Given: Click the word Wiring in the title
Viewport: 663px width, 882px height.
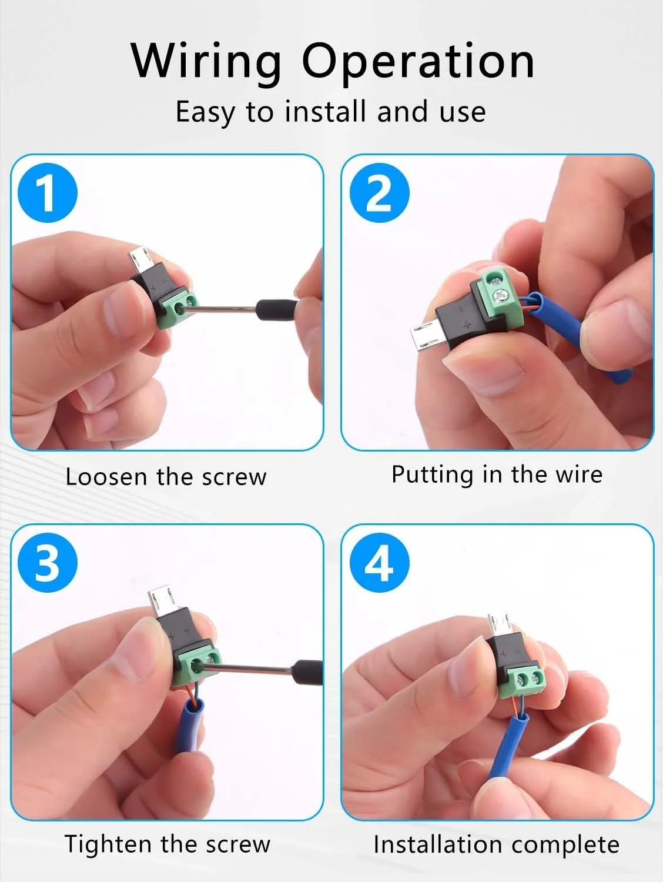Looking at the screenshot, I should pyautogui.click(x=206, y=61).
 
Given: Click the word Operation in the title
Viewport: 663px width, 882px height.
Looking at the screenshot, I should pyautogui.click(x=418, y=61).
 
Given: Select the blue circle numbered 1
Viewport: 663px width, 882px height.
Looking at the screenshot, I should pyautogui.click(x=48, y=193).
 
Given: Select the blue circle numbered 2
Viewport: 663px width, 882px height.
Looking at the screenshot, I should pyautogui.click(x=379, y=193).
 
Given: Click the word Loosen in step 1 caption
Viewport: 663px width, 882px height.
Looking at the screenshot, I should pyautogui.click(x=106, y=477).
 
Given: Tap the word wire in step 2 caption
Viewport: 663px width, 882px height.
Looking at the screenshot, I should pyautogui.click(x=579, y=475).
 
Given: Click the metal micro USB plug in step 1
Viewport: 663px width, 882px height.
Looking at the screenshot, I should pyautogui.click(x=140, y=260).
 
